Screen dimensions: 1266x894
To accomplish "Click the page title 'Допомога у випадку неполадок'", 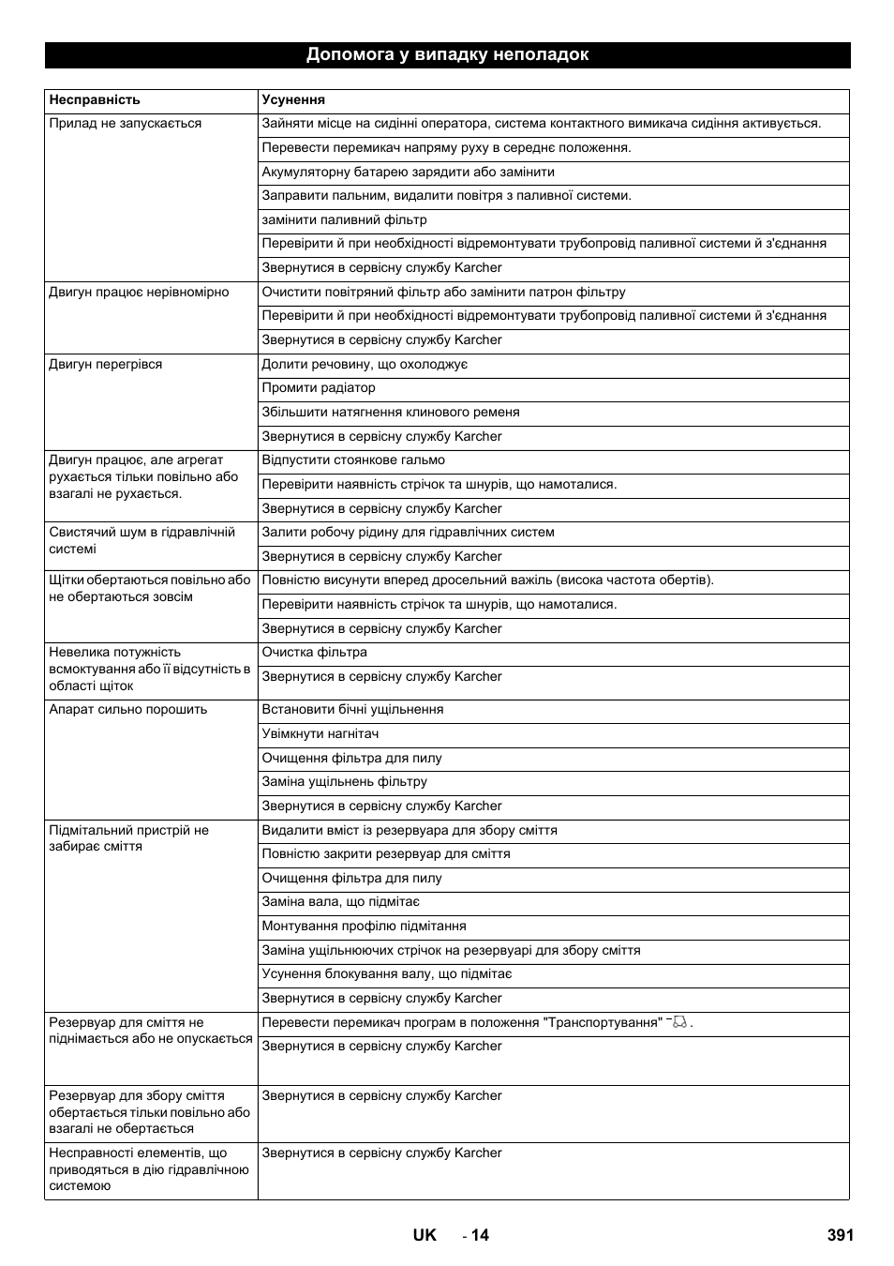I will (x=447, y=54).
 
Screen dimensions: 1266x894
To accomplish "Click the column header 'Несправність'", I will (x=95, y=99).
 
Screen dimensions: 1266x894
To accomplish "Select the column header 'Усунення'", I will (x=293, y=99).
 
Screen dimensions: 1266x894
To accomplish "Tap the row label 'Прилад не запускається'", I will (x=126, y=124).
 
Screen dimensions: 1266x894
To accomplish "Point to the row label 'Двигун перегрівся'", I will (x=106, y=365).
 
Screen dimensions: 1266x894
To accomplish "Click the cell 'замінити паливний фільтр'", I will (x=344, y=219).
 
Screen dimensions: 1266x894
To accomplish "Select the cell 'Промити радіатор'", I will (x=319, y=388).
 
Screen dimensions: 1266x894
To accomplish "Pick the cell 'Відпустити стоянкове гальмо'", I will (x=353, y=460).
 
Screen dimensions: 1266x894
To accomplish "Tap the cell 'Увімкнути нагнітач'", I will (x=320, y=734).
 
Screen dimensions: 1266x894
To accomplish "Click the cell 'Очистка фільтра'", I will (x=315, y=653).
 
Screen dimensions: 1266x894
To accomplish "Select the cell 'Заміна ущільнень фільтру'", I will (x=344, y=782).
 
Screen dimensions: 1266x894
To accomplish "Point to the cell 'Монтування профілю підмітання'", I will (x=364, y=927).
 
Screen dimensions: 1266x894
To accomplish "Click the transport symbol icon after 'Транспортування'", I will (x=679, y=1022).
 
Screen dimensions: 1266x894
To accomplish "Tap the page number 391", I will (x=841, y=1235).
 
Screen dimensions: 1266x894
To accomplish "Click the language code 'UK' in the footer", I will (x=425, y=1235).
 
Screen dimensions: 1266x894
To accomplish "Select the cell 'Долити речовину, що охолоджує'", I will (x=365, y=365).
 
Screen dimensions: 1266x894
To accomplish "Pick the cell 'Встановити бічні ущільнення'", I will (x=352, y=710).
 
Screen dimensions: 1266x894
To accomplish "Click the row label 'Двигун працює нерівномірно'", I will (x=139, y=293).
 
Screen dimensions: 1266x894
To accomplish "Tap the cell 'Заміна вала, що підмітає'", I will (x=341, y=902).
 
